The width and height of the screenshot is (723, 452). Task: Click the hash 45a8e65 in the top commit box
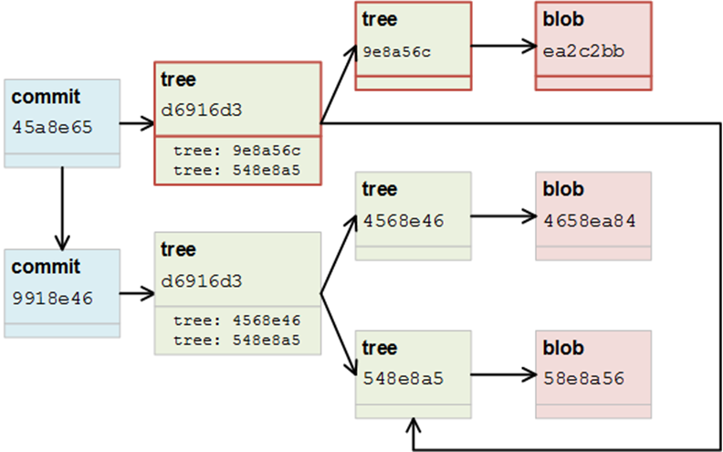pos(53,127)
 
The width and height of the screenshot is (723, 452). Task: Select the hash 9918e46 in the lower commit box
pos(53,297)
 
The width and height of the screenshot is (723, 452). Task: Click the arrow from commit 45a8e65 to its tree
pos(137,122)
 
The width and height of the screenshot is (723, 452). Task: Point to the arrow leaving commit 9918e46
pos(137,293)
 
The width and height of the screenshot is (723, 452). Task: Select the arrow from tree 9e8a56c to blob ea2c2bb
pos(502,45)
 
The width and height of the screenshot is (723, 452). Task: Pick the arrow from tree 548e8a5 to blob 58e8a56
pos(502,374)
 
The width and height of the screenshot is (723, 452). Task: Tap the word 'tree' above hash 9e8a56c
pos(379,19)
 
